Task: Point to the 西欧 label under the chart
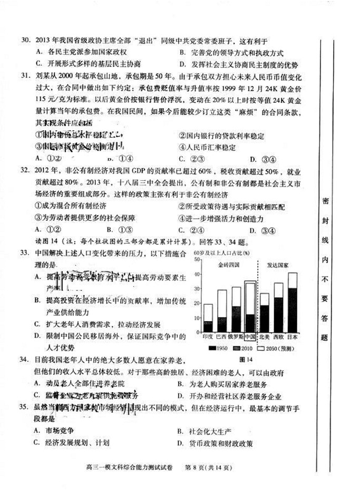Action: point(278,337)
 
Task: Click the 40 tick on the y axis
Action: point(197,274)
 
